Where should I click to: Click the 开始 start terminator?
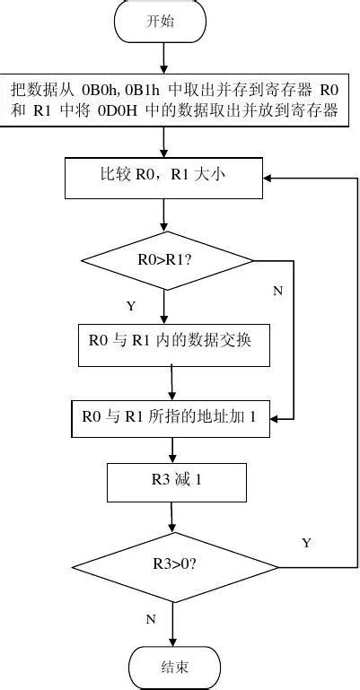tap(160, 22)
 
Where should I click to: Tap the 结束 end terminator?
tap(174, 668)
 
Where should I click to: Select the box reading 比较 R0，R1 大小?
tap(162, 177)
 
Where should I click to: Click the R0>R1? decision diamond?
tap(167, 260)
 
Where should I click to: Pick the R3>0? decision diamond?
tap(175, 566)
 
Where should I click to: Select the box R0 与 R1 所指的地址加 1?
tap(170, 417)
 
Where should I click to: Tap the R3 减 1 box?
tap(176, 482)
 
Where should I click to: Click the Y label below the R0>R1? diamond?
tap(131, 306)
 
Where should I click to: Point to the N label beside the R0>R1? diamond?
tap(277, 291)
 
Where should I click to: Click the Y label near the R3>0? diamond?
tap(306, 543)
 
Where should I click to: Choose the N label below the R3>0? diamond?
tap(150, 618)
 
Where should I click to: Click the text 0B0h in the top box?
tap(99, 91)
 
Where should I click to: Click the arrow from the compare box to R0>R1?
tap(164, 215)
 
